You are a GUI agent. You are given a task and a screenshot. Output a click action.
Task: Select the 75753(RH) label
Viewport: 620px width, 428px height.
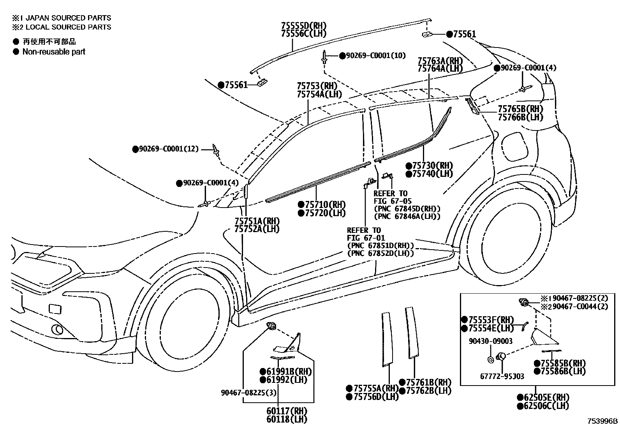click(x=316, y=86)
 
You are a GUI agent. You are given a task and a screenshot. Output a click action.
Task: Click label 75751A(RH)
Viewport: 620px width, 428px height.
click(x=257, y=221)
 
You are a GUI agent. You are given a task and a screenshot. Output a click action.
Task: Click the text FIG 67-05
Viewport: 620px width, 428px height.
click(x=392, y=201)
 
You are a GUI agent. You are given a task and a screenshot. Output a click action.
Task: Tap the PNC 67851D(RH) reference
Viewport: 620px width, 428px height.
click(x=380, y=246)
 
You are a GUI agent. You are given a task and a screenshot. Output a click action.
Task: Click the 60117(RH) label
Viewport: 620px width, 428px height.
click(x=287, y=411)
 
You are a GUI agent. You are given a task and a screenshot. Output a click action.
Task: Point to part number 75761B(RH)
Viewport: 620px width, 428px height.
click(x=428, y=382)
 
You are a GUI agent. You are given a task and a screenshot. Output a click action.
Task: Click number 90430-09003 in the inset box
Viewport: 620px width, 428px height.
click(x=490, y=341)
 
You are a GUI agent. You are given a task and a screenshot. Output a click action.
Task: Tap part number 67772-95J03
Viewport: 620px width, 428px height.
click(x=502, y=376)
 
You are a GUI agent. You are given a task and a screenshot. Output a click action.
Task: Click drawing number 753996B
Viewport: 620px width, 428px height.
click(x=602, y=421)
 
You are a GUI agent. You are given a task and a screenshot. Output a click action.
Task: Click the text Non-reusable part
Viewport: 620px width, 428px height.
click(x=53, y=52)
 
